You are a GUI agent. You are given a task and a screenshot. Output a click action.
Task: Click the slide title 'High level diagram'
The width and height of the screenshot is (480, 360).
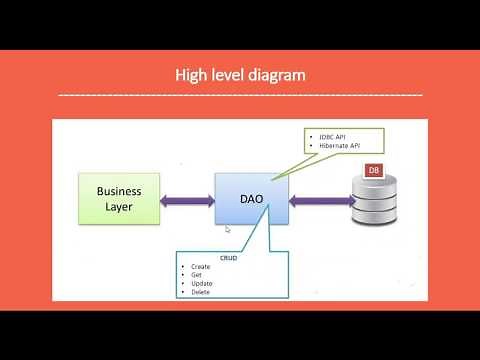pyautogui.click(x=240, y=74)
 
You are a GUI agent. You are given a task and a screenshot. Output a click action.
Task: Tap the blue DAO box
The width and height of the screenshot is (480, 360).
pyautogui.click(x=251, y=199)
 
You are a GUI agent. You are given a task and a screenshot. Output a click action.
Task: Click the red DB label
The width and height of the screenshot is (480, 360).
pyautogui.click(x=374, y=171)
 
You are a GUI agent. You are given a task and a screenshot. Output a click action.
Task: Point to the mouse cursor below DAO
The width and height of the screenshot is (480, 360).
pyautogui.click(x=228, y=230)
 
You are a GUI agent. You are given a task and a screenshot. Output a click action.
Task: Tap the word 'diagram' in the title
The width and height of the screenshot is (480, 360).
pyautogui.click(x=275, y=75)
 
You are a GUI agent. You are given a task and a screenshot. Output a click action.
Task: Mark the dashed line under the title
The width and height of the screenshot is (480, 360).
pyautogui.click(x=240, y=95)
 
